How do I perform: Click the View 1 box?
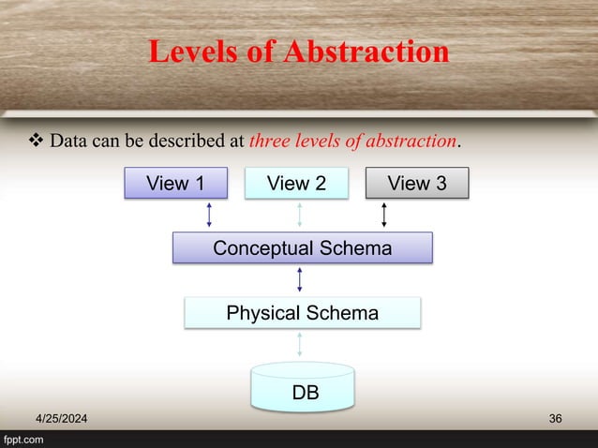[175, 184]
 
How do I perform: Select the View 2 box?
[296, 184]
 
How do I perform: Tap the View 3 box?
[416, 184]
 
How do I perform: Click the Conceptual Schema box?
[302, 248]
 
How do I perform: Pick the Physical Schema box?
[302, 313]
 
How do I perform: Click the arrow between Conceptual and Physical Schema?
[299, 280]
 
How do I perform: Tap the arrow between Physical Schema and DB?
[299, 344]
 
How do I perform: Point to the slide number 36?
[556, 418]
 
